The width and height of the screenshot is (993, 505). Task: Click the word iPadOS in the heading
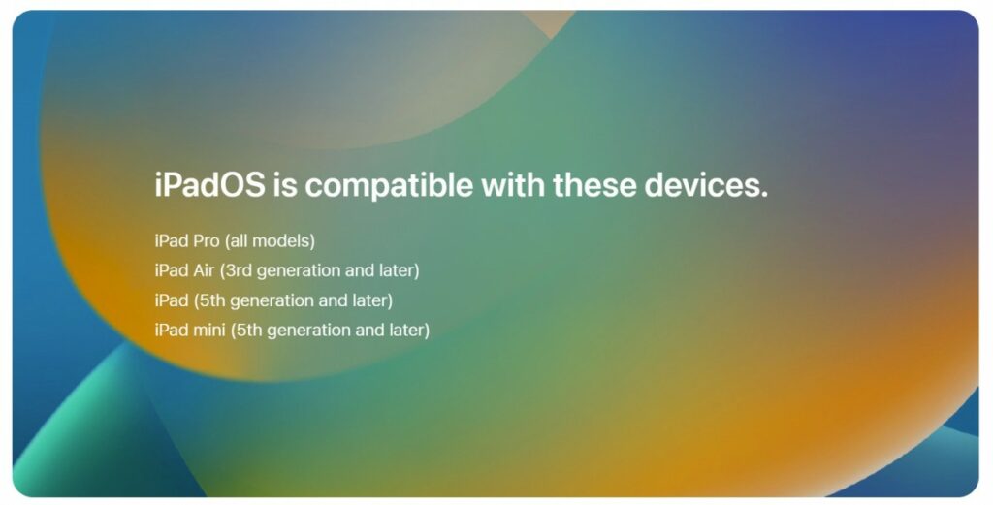point(209,185)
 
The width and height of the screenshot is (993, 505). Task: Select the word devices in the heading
point(709,185)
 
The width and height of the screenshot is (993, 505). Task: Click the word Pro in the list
point(207,240)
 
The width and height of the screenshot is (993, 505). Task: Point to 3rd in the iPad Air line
point(240,270)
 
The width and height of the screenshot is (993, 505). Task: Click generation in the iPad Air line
point(301,270)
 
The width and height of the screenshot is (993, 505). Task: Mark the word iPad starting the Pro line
point(172,240)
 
